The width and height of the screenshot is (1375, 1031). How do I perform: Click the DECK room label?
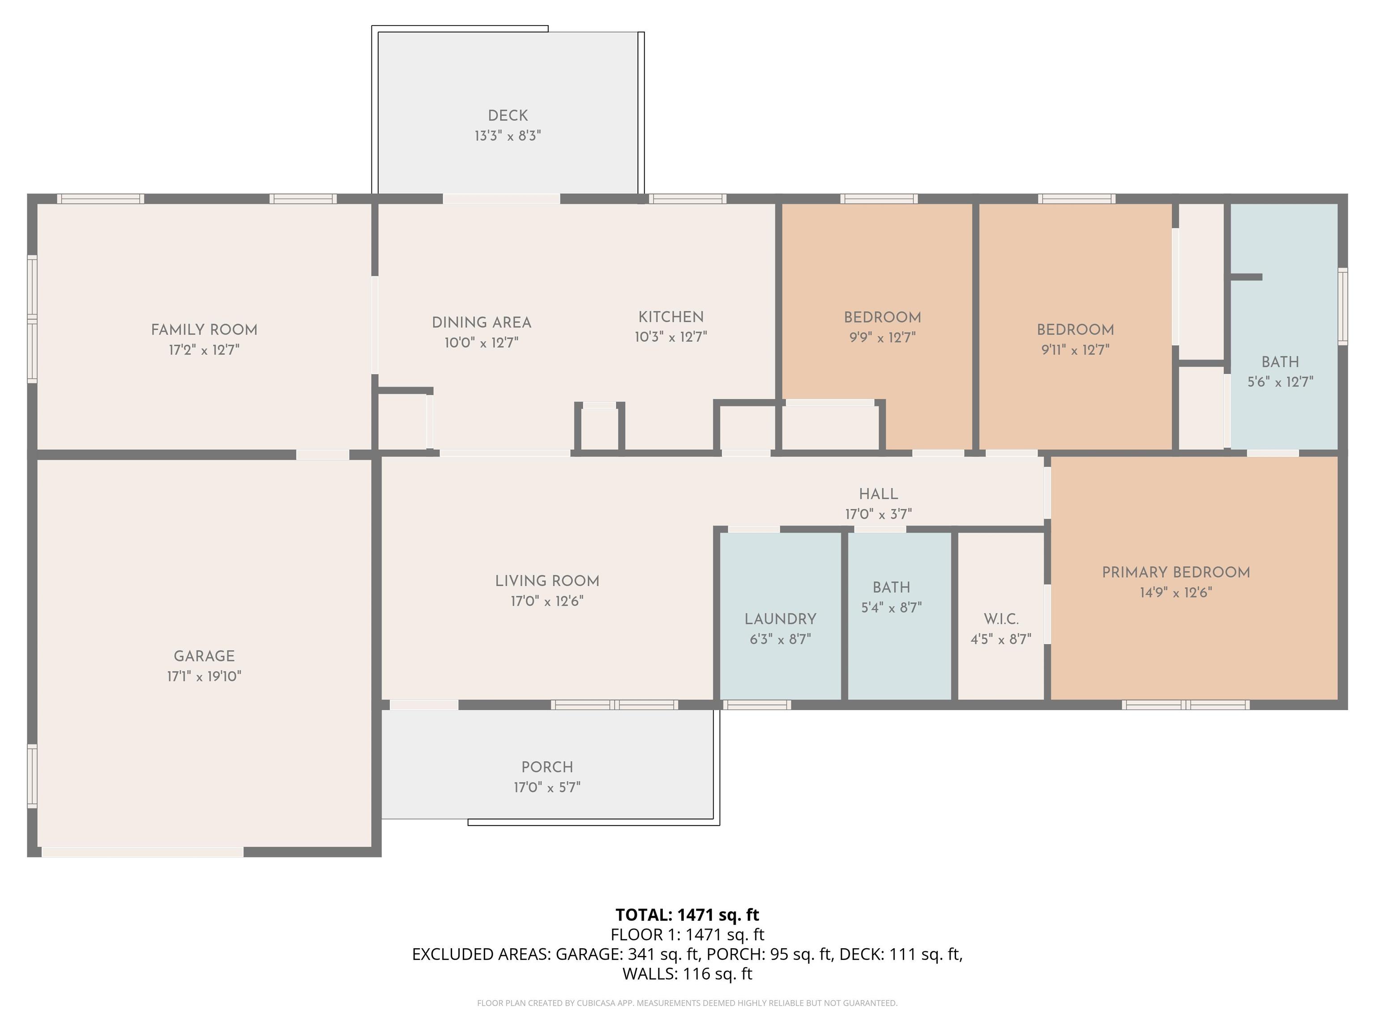pyautogui.click(x=508, y=115)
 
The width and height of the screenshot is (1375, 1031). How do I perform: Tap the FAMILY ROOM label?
pyautogui.click(x=204, y=330)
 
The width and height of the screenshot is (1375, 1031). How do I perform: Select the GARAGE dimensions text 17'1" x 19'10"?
pyautogui.click(x=204, y=676)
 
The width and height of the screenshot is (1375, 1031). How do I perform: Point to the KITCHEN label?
pyautogui.click(x=671, y=317)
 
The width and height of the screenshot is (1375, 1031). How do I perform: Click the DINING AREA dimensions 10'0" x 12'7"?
pyautogui.click(x=481, y=342)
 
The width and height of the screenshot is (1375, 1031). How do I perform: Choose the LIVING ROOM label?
pyautogui.click(x=547, y=581)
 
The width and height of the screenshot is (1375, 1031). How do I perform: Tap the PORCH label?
pyautogui.click(x=547, y=767)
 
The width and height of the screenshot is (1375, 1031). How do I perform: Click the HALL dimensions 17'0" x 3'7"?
pyautogui.click(x=878, y=514)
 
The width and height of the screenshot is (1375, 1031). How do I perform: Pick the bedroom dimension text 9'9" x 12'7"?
pyautogui.click(x=882, y=337)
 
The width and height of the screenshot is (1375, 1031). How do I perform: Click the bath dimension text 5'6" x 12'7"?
pyautogui.click(x=1280, y=382)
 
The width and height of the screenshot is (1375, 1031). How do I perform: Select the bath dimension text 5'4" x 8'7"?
pyautogui.click(x=892, y=607)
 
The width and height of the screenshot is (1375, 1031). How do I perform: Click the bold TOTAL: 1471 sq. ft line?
pyautogui.click(x=687, y=915)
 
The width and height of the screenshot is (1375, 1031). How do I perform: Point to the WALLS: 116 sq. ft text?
pyautogui.click(x=687, y=974)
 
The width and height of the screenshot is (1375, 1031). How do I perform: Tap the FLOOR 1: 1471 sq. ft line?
pyautogui.click(x=687, y=935)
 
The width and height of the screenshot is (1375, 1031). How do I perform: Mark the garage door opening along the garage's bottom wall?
pyautogui.click(x=142, y=852)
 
